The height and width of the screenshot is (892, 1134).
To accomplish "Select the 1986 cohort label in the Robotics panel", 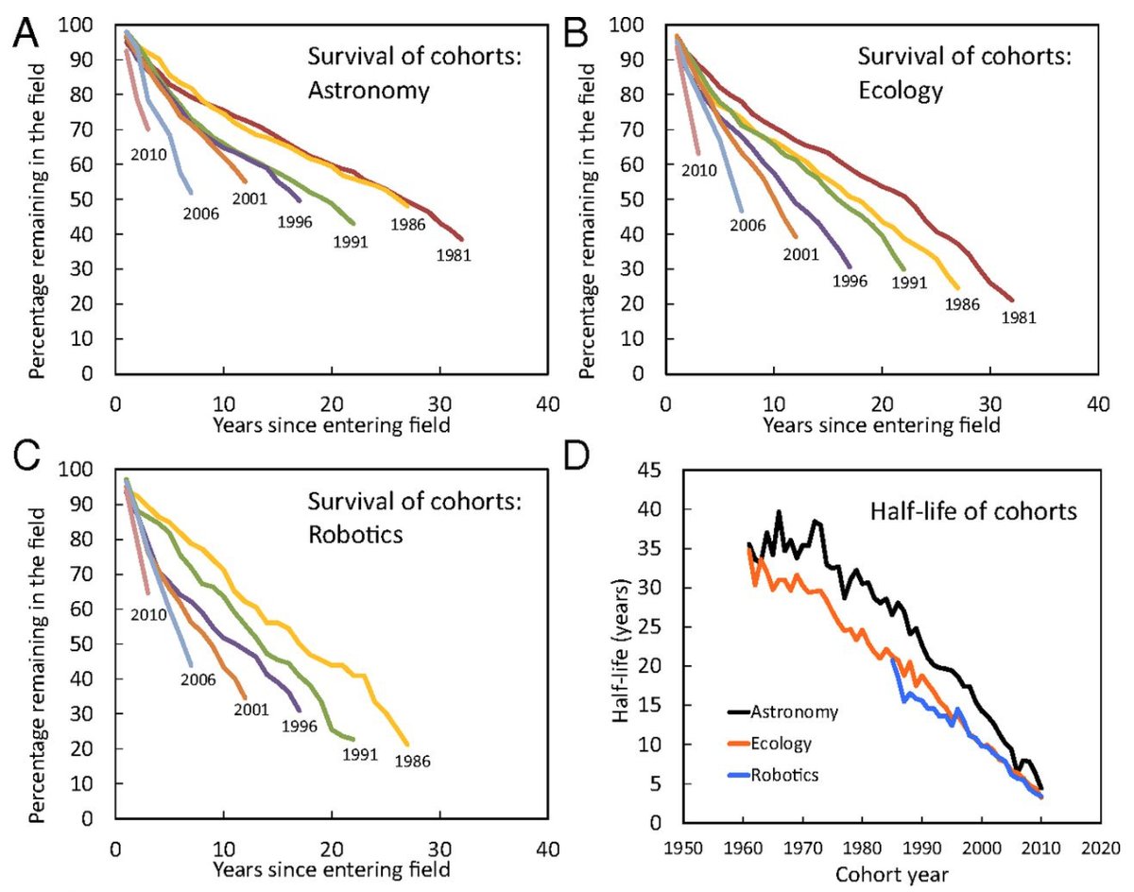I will click(413, 760).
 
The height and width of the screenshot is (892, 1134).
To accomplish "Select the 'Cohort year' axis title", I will click(891, 870).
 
